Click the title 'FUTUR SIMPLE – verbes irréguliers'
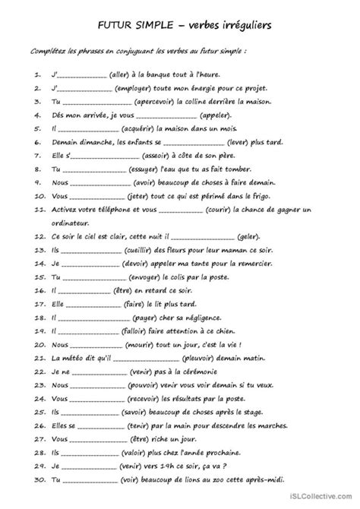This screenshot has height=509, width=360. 180,27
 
